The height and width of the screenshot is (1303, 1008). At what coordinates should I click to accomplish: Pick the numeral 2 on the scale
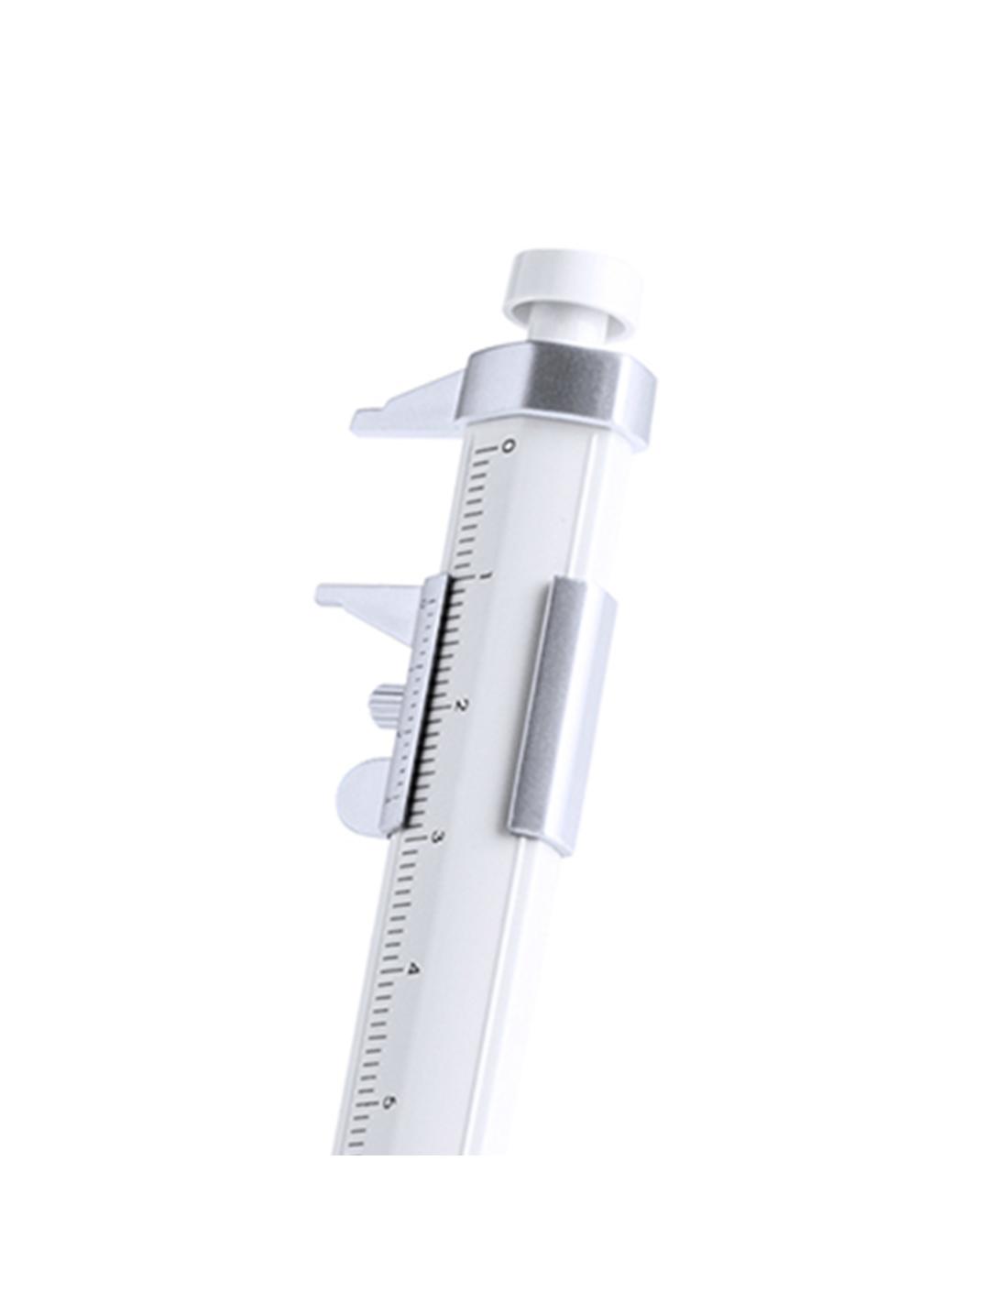(x=460, y=706)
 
